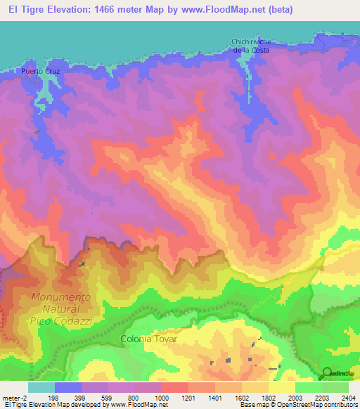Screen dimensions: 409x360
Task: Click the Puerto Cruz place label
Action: (x=39, y=72)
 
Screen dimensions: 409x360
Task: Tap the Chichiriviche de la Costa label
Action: (x=251, y=46)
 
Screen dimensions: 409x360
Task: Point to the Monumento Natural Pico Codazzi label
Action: (x=60, y=309)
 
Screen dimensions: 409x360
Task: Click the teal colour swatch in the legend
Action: (x=41, y=387)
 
